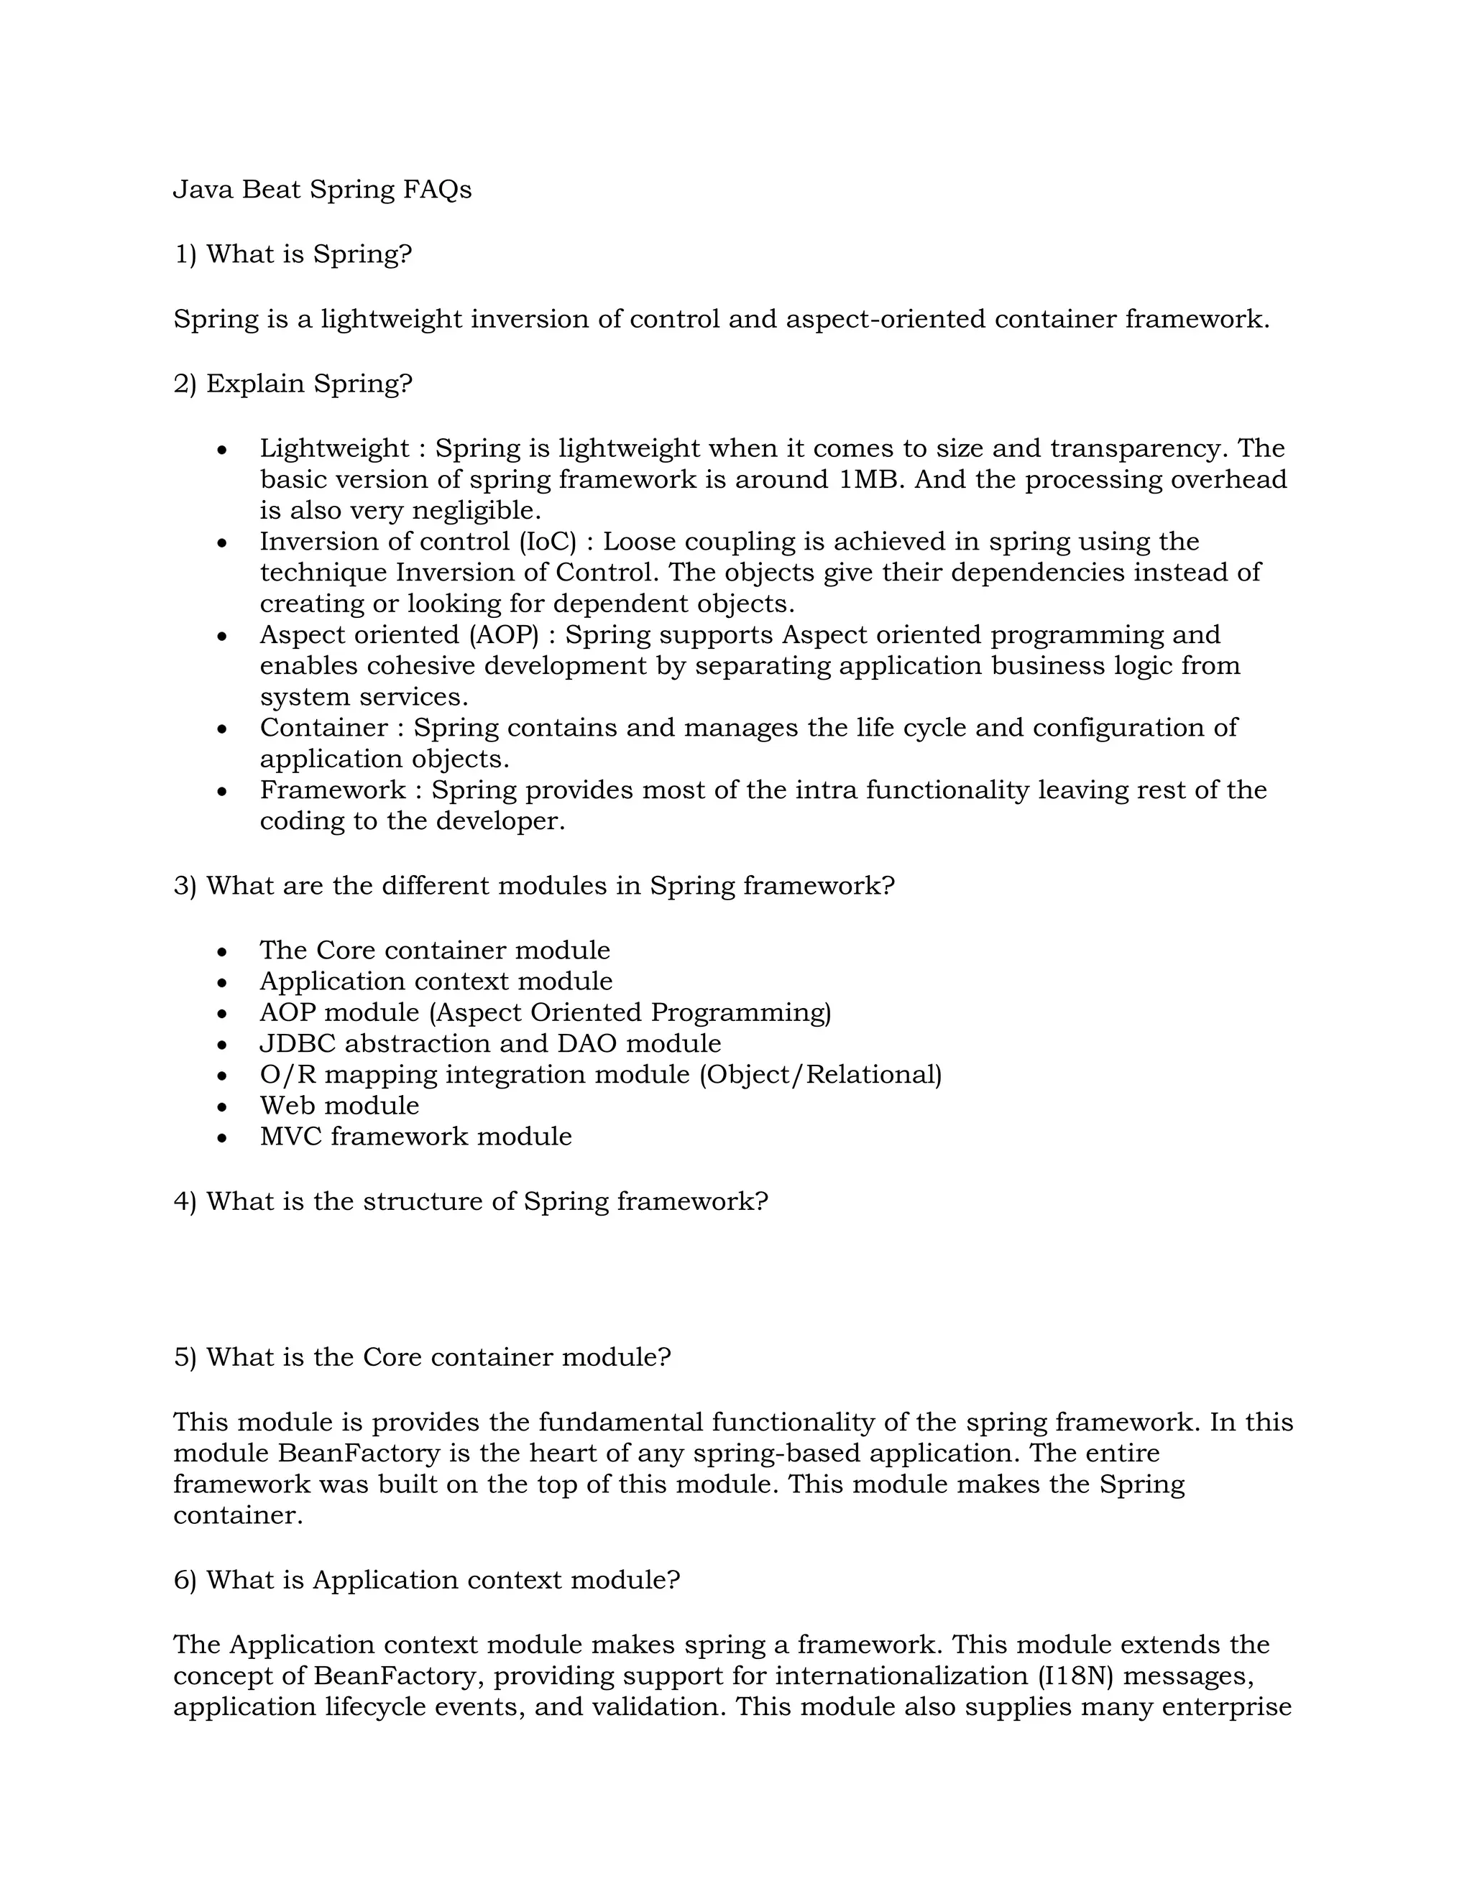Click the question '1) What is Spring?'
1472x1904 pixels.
pyautogui.click(x=292, y=254)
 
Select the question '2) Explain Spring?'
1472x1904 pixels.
pyautogui.click(x=292, y=384)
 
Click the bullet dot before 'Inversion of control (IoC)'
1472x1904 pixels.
pyautogui.click(x=222, y=543)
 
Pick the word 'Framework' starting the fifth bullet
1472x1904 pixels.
pyautogui.click(x=332, y=790)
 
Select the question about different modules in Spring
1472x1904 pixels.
pyautogui.click(x=534, y=886)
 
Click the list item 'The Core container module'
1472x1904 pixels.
pyautogui.click(x=434, y=951)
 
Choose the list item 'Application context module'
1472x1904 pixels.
pyautogui.click(x=435, y=981)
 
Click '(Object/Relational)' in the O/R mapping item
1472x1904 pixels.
pyautogui.click(x=819, y=1075)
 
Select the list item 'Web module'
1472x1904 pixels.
pyautogui.click(x=339, y=1106)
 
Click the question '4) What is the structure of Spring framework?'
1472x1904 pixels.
pyautogui.click(x=471, y=1201)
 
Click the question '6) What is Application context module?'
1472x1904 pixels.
pyautogui.click(x=426, y=1580)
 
